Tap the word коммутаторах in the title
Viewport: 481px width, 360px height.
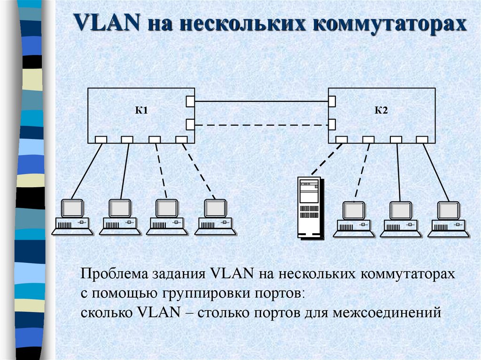click(390, 23)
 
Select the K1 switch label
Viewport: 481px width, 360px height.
click(141, 110)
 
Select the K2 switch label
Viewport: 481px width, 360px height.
click(381, 110)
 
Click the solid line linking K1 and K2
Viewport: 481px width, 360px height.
click(261, 101)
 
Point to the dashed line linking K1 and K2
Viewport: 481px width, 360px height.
click(261, 125)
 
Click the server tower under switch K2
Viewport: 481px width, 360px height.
click(311, 207)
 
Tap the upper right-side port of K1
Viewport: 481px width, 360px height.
click(190, 101)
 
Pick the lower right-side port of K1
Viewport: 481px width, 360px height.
click(190, 124)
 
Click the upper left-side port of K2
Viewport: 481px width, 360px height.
click(332, 101)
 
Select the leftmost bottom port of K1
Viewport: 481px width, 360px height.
click(101, 140)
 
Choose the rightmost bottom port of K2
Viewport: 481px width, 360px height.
click(422, 140)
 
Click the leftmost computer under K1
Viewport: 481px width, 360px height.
click(72, 217)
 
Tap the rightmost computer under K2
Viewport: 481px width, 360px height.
click(449, 219)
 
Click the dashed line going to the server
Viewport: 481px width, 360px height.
click(327, 159)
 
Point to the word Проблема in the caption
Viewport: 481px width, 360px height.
click(114, 273)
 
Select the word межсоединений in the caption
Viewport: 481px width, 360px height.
click(387, 313)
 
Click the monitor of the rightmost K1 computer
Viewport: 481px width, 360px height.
click(215, 208)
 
